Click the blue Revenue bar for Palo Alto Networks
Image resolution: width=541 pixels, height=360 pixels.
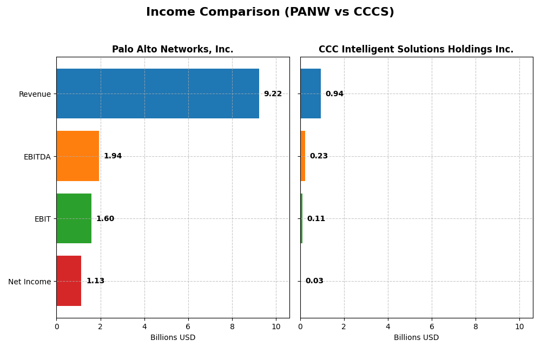[x=157, y=94]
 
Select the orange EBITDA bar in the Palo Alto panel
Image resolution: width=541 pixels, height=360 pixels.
[x=78, y=156]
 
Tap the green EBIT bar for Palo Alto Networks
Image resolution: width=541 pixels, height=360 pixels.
[x=74, y=218]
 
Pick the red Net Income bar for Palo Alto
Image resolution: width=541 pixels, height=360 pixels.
[x=69, y=281]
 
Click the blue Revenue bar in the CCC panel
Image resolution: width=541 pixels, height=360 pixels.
[x=311, y=94]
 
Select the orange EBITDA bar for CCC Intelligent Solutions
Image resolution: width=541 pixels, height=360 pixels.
[x=303, y=156]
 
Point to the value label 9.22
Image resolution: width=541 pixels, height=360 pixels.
[x=273, y=94]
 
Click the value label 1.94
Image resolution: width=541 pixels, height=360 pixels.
[x=113, y=156]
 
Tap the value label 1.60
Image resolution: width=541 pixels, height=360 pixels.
[x=105, y=219]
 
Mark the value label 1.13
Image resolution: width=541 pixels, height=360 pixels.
[x=95, y=281]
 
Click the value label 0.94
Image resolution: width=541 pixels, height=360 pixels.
[x=334, y=94]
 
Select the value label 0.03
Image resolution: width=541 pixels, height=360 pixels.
[x=314, y=281]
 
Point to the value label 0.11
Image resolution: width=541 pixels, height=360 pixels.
[x=316, y=219]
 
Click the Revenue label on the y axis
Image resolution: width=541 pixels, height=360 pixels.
[x=35, y=94]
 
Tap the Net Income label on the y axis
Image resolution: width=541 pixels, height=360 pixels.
[x=30, y=282]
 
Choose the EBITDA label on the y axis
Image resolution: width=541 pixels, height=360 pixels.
[x=37, y=157]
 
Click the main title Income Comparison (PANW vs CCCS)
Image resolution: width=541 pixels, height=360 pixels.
[x=270, y=12]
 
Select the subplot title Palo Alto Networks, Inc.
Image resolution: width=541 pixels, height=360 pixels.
[x=173, y=50]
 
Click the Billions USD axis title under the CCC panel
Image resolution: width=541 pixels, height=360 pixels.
[x=416, y=338]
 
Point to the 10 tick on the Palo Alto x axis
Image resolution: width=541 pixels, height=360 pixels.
[x=276, y=327]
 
